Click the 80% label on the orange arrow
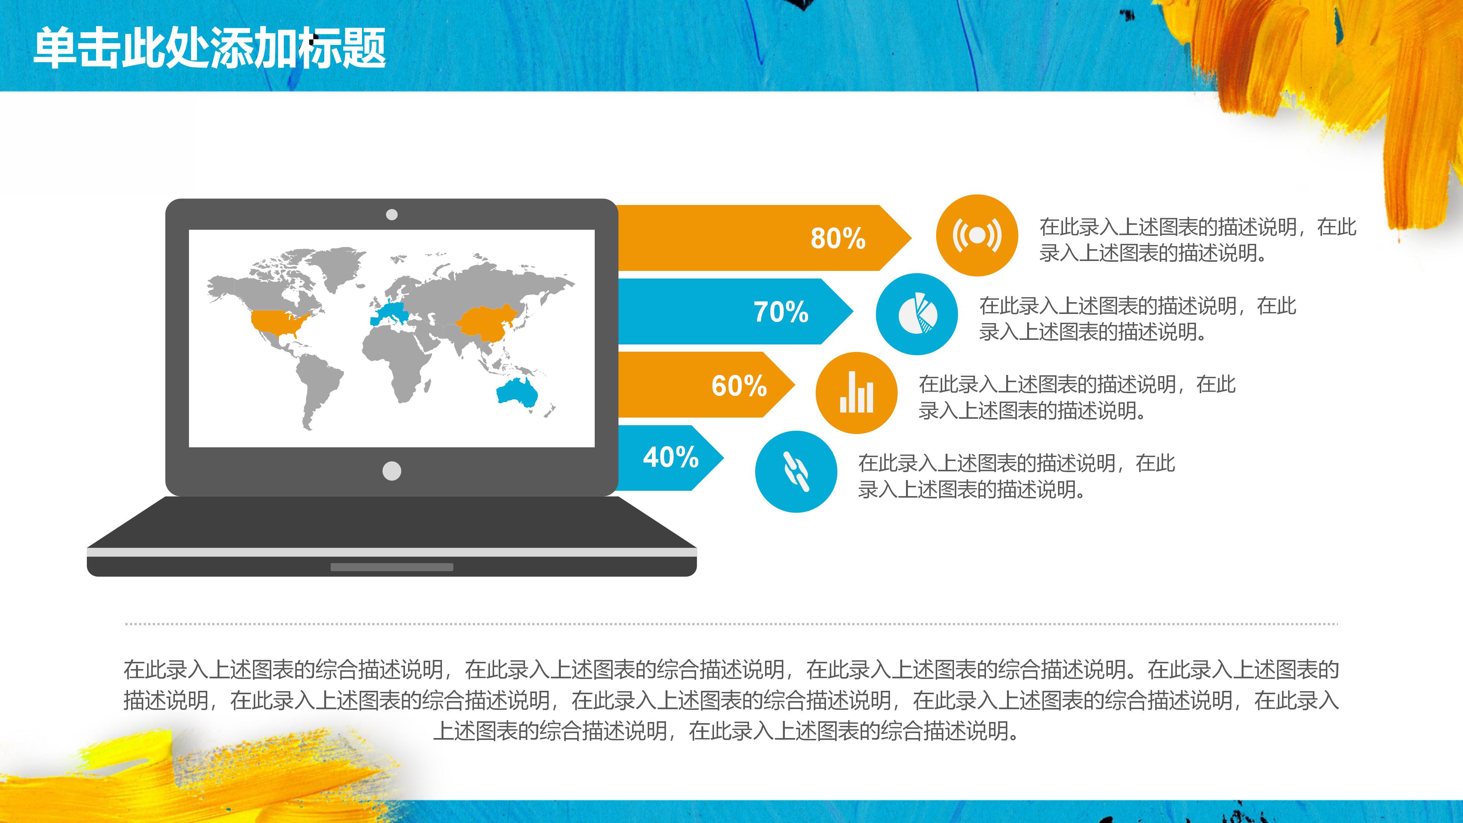[838, 239]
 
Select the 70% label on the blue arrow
[781, 312]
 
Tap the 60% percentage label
[739, 386]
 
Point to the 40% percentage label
[671, 457]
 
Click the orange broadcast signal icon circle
[976, 235]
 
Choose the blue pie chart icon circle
[917, 314]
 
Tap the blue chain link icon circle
[796, 471]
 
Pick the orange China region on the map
[486, 324]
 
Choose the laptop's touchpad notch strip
[392, 567]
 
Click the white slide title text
[210, 48]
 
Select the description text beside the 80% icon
[1197, 240]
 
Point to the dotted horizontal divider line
[731, 624]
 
